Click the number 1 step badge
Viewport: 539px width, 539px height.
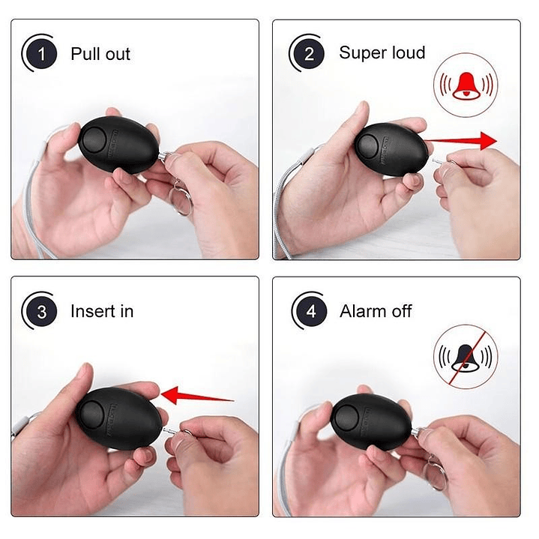coord(41,54)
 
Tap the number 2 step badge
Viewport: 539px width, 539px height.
coord(309,54)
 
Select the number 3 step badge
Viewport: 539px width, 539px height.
coord(41,312)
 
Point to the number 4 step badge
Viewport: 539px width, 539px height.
coord(311,311)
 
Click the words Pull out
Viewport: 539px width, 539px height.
coord(100,54)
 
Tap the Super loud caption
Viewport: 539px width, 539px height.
coord(382,52)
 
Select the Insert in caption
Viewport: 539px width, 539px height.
coord(102,311)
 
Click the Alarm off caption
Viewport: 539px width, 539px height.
coord(376,311)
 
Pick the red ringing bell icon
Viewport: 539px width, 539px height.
coord(466,85)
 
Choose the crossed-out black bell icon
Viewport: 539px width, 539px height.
coord(466,357)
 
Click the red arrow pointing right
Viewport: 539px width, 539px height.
coord(460,140)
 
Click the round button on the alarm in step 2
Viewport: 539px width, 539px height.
coord(369,147)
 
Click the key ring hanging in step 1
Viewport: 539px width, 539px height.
coord(180,199)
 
